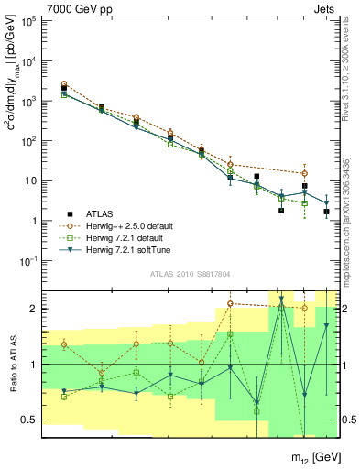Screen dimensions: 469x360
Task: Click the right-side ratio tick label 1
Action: pos(347,365)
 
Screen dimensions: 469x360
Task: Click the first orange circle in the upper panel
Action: pos(64,84)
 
